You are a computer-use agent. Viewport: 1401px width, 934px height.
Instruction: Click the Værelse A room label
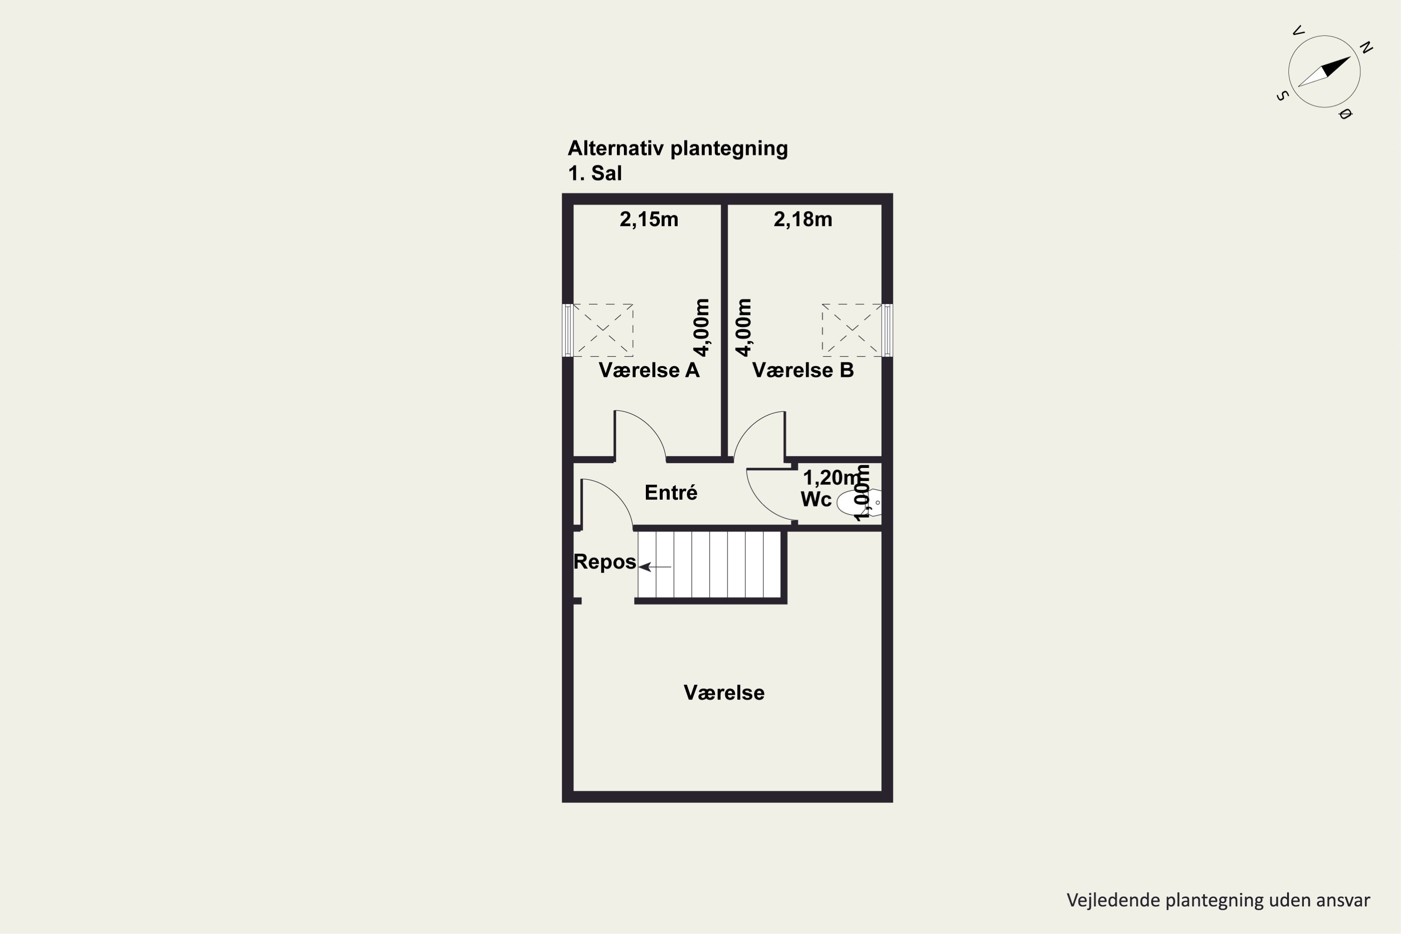[649, 370]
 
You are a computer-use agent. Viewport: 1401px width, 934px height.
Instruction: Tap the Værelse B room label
[803, 370]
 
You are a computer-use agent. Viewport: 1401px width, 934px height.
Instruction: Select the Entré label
[671, 493]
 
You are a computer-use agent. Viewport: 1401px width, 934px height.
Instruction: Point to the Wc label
[816, 499]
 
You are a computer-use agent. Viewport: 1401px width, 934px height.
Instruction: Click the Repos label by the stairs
[605, 562]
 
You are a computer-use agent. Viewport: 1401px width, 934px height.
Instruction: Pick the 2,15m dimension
[649, 219]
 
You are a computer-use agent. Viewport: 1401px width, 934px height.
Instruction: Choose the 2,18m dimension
[803, 219]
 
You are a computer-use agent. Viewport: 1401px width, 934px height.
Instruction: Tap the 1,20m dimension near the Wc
[832, 477]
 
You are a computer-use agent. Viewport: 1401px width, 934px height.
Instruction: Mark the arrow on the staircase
[655, 567]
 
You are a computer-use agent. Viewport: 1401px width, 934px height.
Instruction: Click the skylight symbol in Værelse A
[603, 330]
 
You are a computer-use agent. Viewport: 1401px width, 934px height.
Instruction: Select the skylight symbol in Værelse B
[852, 330]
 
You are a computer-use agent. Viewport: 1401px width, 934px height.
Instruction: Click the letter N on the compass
[1366, 48]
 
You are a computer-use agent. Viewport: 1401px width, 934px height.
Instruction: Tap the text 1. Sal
[594, 173]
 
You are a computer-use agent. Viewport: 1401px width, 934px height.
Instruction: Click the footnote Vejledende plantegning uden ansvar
[1218, 900]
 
